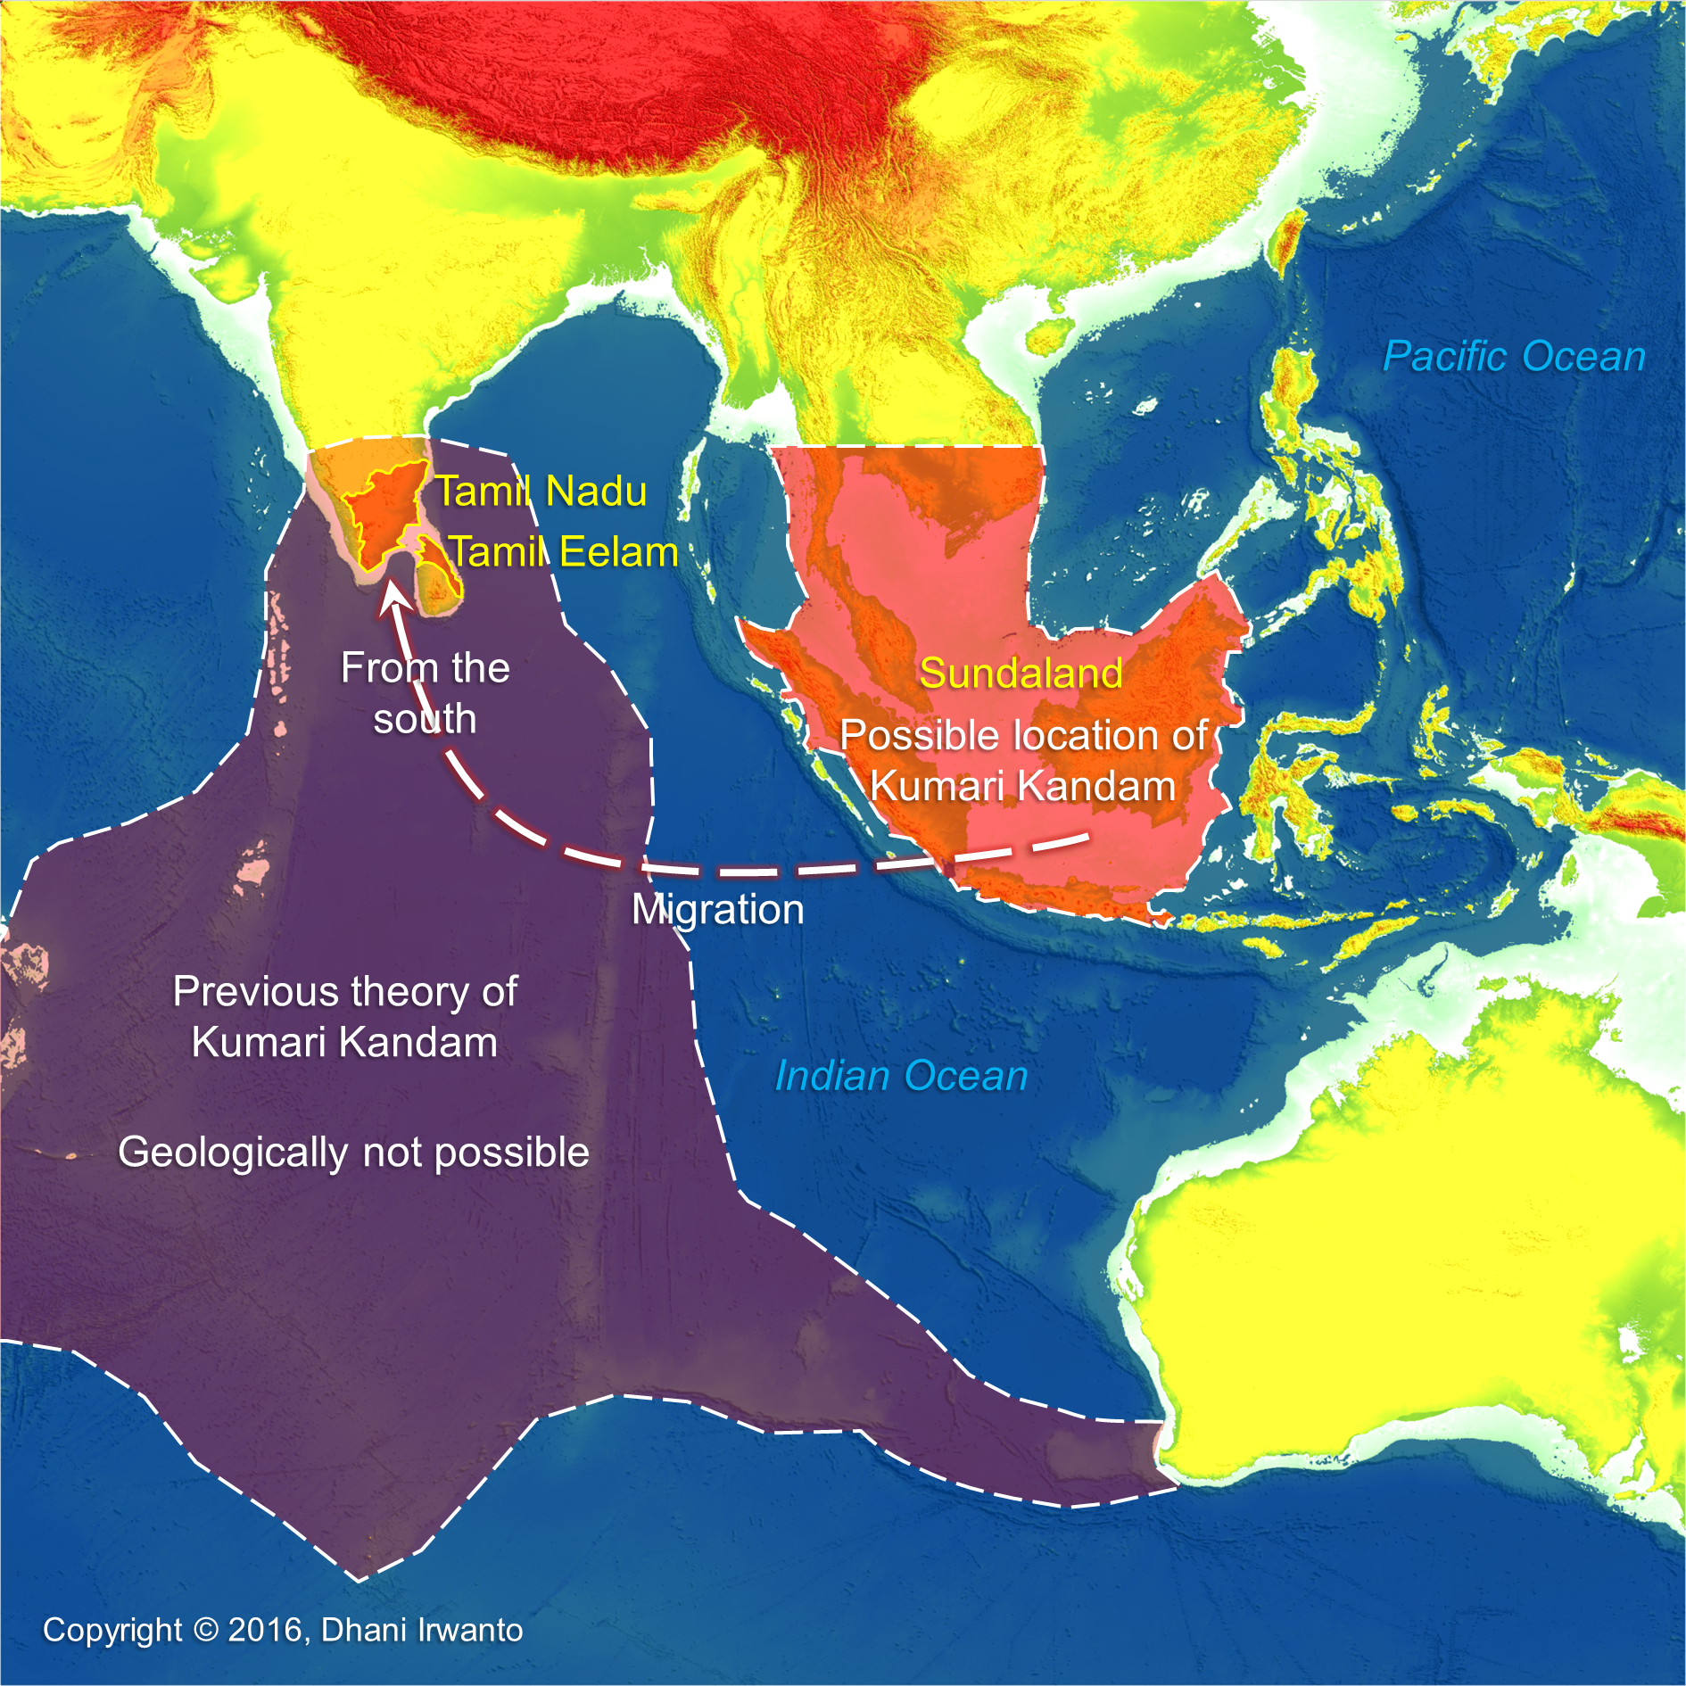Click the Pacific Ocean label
click(1514, 357)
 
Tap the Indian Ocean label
click(901, 1076)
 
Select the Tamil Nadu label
click(541, 492)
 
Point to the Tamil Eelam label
click(563, 552)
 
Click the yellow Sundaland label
click(1021, 673)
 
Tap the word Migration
click(718, 910)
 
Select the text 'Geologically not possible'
click(354, 1153)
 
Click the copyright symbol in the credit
click(205, 1630)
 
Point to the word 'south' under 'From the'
click(425, 719)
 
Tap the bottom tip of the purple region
click(359, 1580)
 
